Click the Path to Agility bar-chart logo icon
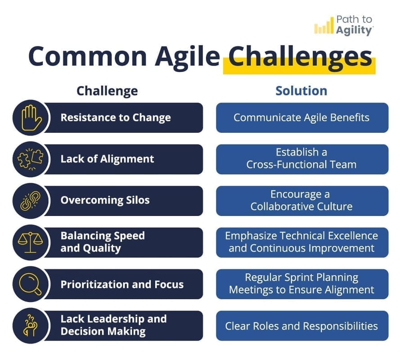coord(324,27)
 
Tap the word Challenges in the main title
coord(300,57)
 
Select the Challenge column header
coord(107,91)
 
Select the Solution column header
coord(301,91)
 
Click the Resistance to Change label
coord(116,118)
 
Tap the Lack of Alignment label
coord(107,159)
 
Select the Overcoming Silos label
coord(105,200)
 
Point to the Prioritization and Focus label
coord(122,284)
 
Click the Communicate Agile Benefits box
coord(301,118)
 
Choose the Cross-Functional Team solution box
coord(301,159)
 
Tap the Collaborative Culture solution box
coord(301,201)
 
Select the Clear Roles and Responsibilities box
coord(301,326)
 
